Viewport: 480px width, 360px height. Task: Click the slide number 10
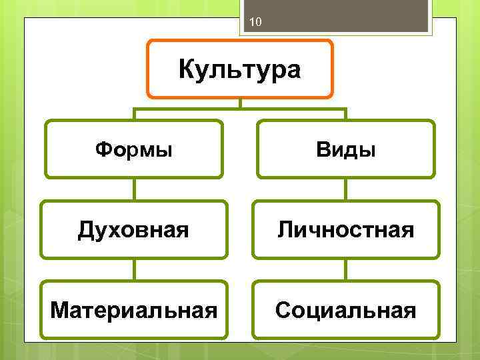click(255, 24)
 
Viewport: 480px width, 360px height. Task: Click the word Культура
click(240, 69)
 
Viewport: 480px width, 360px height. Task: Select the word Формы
click(133, 149)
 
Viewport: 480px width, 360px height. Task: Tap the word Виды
click(345, 149)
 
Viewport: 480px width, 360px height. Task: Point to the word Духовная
click(133, 231)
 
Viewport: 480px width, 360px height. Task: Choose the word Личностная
click(345, 231)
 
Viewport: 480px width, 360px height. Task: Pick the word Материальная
click(133, 310)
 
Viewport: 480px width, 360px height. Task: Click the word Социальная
click(345, 310)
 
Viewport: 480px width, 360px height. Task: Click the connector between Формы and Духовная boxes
click(134, 189)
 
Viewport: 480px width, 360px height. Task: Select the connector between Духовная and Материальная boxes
click(134, 269)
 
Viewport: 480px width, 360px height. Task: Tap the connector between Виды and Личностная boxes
click(345, 189)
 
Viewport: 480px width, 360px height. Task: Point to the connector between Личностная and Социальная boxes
click(345, 269)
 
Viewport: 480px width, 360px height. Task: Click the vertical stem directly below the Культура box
click(240, 103)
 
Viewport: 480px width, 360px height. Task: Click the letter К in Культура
click(187, 69)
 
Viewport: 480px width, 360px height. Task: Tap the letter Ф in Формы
click(103, 149)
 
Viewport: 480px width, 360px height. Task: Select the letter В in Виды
click(322, 149)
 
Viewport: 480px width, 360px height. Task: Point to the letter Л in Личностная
click(285, 231)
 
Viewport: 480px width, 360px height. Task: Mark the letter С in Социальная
click(282, 310)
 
